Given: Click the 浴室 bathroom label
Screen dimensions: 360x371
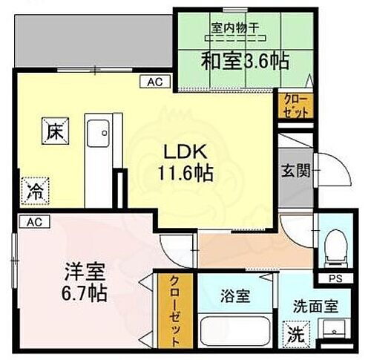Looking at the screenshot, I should [234, 295].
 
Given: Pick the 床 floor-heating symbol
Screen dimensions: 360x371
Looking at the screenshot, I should [56, 131].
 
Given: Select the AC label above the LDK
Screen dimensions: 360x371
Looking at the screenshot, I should [156, 81].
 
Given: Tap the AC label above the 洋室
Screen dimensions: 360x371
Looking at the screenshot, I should [33, 221].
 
